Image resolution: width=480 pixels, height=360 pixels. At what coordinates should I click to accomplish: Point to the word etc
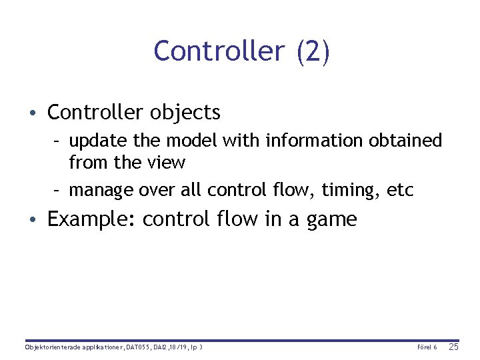coord(400,191)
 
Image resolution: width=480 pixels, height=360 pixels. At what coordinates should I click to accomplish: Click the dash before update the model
coord(58,141)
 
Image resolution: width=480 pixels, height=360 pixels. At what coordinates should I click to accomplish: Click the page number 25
coord(453,347)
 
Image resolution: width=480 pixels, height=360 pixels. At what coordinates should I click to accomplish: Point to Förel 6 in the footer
coord(427,347)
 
